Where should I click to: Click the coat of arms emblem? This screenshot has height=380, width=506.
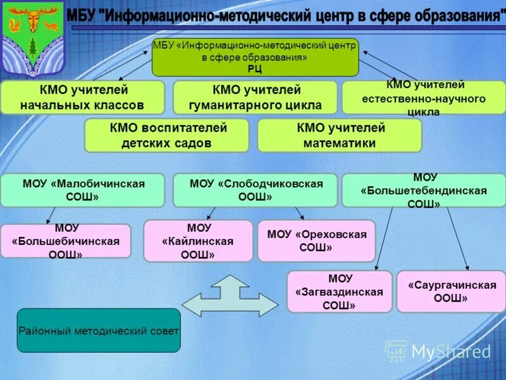[x=32, y=38]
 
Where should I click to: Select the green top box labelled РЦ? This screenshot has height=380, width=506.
[x=255, y=57]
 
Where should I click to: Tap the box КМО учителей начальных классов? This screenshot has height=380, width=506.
[x=82, y=97]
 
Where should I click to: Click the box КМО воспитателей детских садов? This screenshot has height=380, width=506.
[x=166, y=136]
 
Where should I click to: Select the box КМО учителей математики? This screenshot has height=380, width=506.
[x=340, y=136]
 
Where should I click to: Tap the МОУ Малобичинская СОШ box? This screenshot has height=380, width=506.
[x=82, y=190]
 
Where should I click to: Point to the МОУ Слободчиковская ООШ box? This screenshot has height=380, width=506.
[x=256, y=190]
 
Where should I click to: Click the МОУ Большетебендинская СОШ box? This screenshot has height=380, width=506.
[x=424, y=191]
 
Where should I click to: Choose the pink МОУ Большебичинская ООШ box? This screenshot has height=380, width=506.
[x=66, y=241]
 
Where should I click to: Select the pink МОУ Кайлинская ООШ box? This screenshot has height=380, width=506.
[x=198, y=241]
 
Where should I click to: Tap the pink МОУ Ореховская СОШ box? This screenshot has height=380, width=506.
[x=316, y=241]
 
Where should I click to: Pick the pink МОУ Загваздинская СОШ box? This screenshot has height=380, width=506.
[x=340, y=291]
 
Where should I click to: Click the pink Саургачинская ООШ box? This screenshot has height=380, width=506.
[x=451, y=291]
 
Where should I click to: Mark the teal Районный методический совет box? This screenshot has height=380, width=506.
[x=99, y=330]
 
